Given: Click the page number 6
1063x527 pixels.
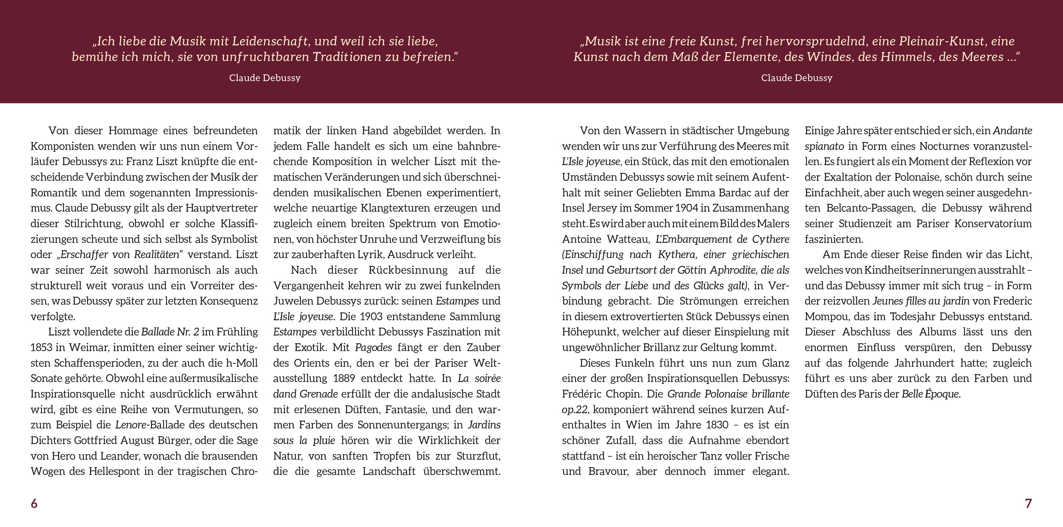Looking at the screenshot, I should [34, 504].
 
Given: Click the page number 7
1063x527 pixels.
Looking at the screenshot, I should [1028, 504].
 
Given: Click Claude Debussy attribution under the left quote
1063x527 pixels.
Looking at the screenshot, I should [265, 78].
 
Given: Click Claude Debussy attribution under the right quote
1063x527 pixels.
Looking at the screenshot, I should [796, 78].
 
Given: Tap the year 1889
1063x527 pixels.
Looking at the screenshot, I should [344, 379].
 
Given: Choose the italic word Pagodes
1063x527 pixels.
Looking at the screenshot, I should [373, 347].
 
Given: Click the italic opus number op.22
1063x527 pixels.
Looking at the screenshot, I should [574, 409].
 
